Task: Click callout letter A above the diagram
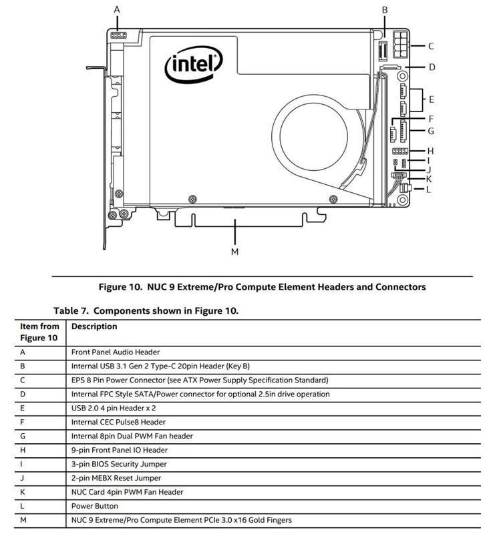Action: pos(117,9)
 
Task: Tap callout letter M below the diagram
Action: pos(234,252)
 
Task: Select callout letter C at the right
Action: pos(432,46)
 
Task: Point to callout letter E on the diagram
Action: pos(432,99)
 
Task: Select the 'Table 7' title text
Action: pos(146,310)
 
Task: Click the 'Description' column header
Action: pos(94,326)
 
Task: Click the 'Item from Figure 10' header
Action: pos(39,332)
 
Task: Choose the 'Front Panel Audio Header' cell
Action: pos(116,352)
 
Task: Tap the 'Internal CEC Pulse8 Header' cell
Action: pos(118,422)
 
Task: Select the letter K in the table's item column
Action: pos(23,492)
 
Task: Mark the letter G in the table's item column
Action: pos(23,436)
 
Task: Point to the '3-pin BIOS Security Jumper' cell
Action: pos(119,464)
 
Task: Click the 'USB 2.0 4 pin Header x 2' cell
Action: pos(115,408)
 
